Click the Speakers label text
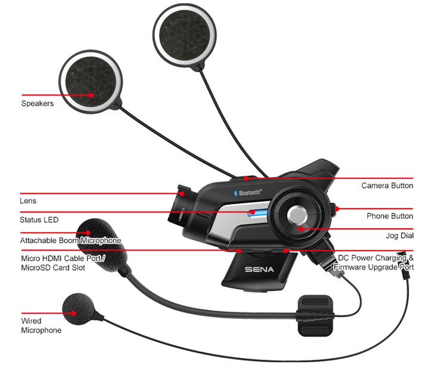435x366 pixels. pos(38,103)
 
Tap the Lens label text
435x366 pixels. pos(28,201)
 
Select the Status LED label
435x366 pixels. pos(39,220)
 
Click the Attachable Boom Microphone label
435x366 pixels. pos(70,240)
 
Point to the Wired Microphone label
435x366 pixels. pos(41,325)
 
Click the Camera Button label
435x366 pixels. pos(387,186)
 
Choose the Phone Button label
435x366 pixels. pos(389,216)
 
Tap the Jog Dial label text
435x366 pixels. pos(399,236)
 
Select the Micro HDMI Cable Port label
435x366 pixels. pos(62,263)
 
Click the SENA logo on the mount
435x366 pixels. pos(259,269)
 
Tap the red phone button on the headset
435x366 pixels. pos(334,209)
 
